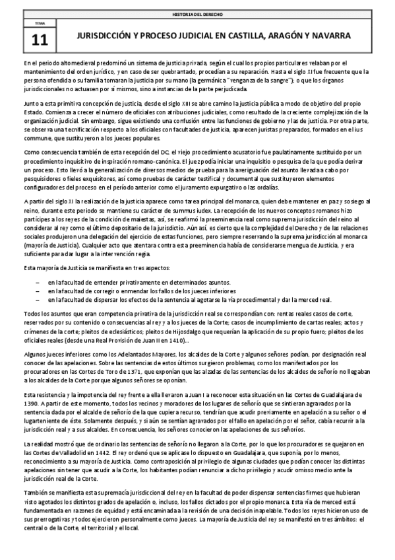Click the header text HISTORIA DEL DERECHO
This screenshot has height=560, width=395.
197,13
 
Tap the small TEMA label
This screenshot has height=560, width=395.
40,24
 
